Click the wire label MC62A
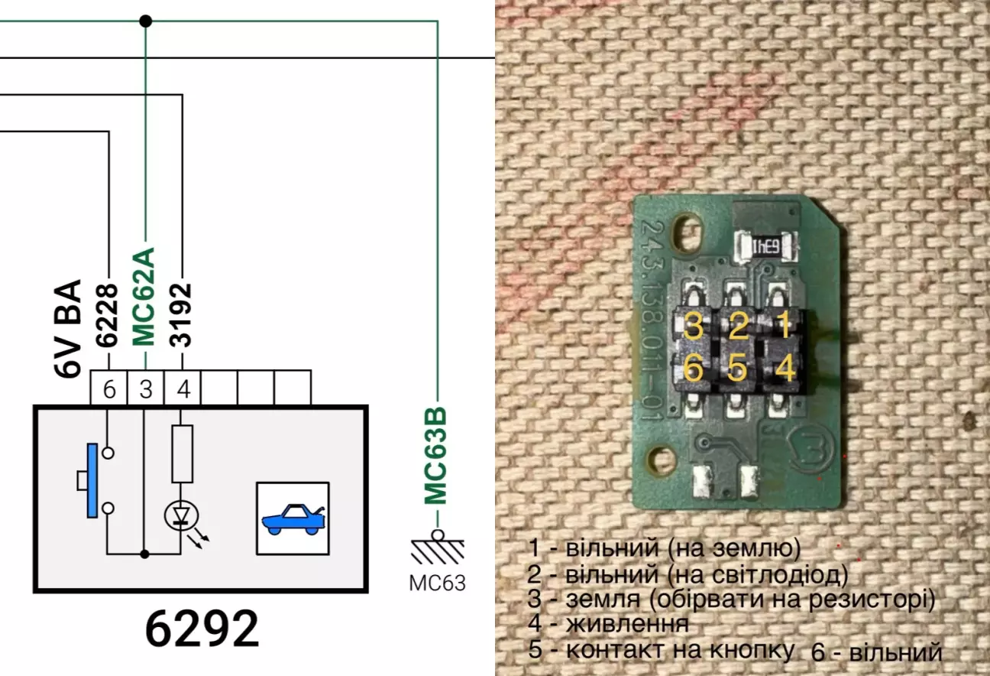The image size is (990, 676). tap(145, 296)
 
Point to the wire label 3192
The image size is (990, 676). tap(182, 315)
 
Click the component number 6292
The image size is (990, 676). tap(202, 629)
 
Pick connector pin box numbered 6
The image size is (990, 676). tap(109, 389)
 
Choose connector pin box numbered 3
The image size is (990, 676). tap(145, 389)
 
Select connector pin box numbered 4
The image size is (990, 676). tap(183, 389)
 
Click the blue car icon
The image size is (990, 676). tap(292, 518)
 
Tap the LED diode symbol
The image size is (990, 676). tap(181, 518)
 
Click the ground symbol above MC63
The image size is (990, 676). tap(436, 548)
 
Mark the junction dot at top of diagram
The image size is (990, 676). tap(145, 21)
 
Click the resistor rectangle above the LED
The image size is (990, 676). tap(182, 453)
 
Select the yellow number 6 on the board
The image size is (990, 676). tap(693, 369)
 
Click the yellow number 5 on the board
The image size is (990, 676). tap(736, 369)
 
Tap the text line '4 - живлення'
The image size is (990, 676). tap(608, 623)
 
